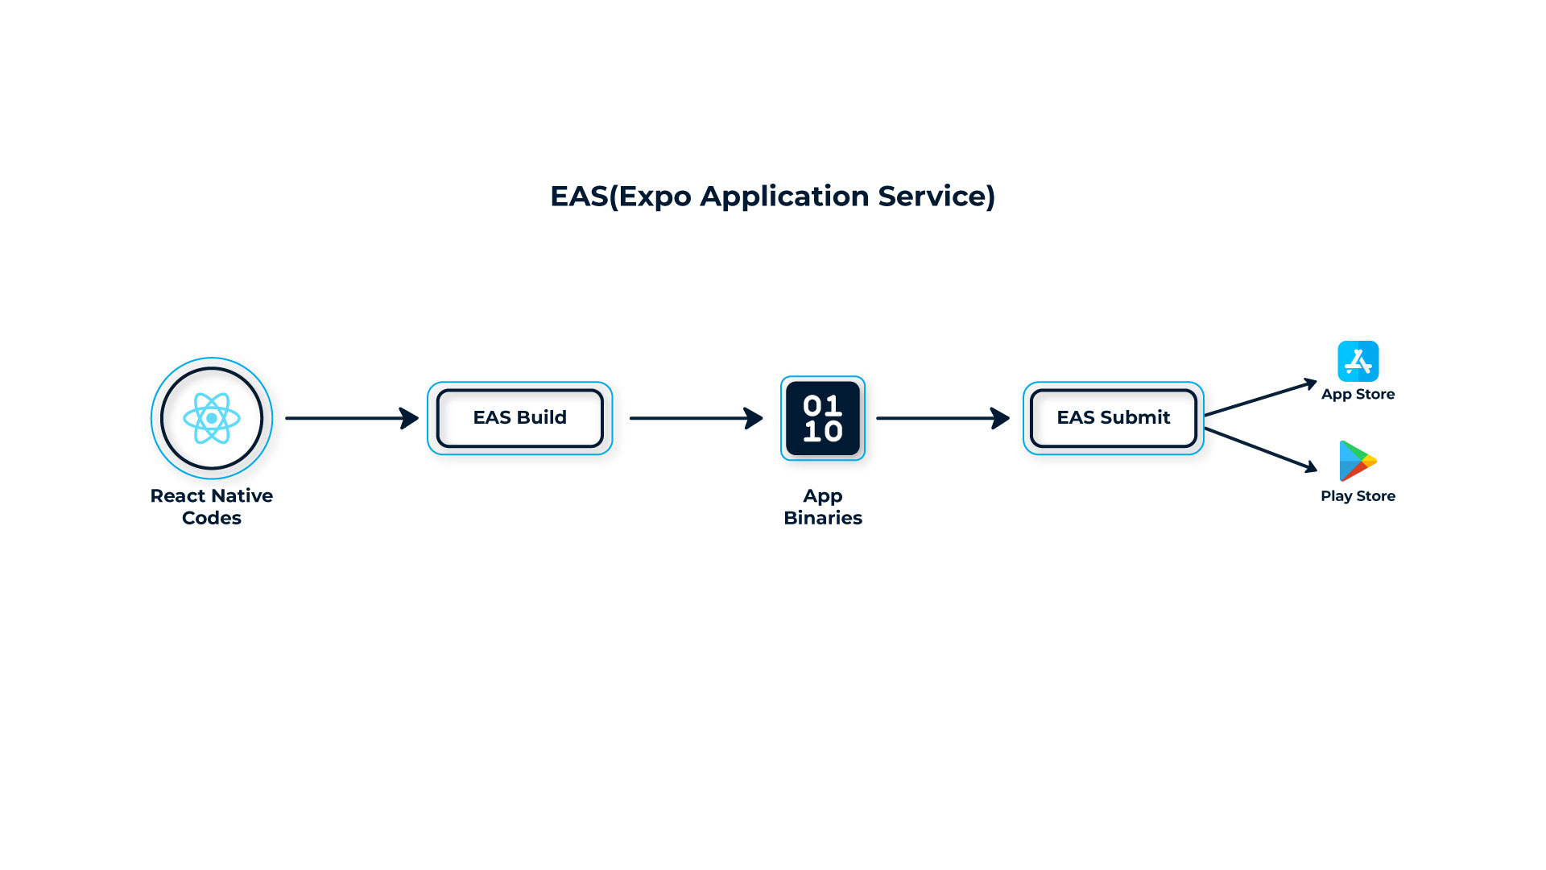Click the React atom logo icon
point(212,418)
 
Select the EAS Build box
point(519,418)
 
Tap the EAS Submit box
point(1113,418)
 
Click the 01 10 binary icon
point(822,418)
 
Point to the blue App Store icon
point(1358,361)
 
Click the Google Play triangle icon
point(1356,461)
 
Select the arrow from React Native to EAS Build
point(352,418)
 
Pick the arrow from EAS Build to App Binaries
point(696,418)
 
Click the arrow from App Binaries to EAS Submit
point(942,418)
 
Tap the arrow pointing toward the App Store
point(1260,399)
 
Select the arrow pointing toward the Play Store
point(1260,449)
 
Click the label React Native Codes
point(212,507)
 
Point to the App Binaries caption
point(822,507)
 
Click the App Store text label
point(1358,395)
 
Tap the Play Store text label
point(1358,496)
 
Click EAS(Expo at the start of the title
point(620,197)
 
